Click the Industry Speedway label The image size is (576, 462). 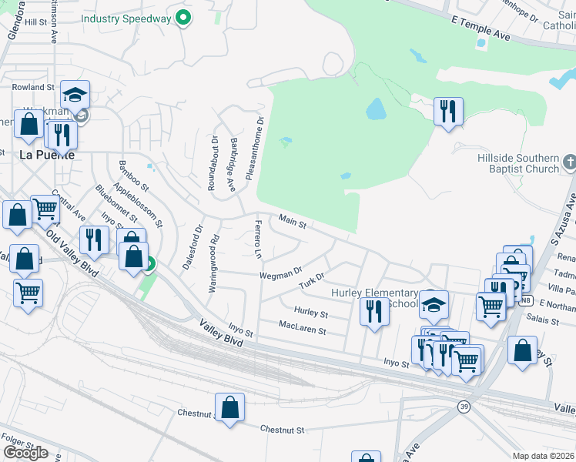126,18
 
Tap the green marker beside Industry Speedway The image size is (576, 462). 183,17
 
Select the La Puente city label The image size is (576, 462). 46,154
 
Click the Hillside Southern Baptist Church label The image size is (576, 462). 517,163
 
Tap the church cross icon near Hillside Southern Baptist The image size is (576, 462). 569,162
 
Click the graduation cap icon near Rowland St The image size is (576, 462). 75,95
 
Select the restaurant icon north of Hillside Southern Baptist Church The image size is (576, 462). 447,112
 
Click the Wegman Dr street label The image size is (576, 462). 280,273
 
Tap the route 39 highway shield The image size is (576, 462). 464,407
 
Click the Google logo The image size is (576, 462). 26,452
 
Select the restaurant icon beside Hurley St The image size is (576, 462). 373,312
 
